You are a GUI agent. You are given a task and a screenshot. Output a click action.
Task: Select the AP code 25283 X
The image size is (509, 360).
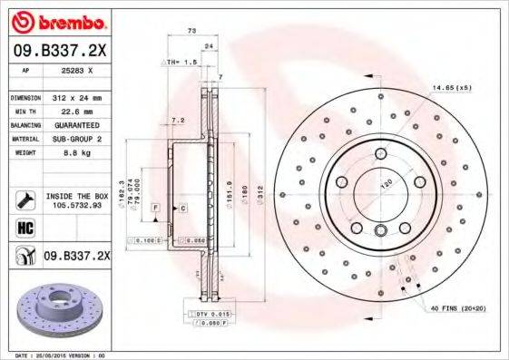click(75, 69)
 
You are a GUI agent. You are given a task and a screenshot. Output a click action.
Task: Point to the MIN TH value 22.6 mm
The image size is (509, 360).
click(74, 112)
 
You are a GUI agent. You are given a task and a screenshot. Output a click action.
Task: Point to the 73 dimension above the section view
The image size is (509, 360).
click(191, 32)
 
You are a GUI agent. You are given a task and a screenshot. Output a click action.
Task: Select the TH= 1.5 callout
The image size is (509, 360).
click(182, 63)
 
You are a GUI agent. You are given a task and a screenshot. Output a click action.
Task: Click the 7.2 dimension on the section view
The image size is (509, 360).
click(179, 120)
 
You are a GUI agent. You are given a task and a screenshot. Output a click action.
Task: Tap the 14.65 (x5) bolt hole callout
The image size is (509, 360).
click(452, 87)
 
